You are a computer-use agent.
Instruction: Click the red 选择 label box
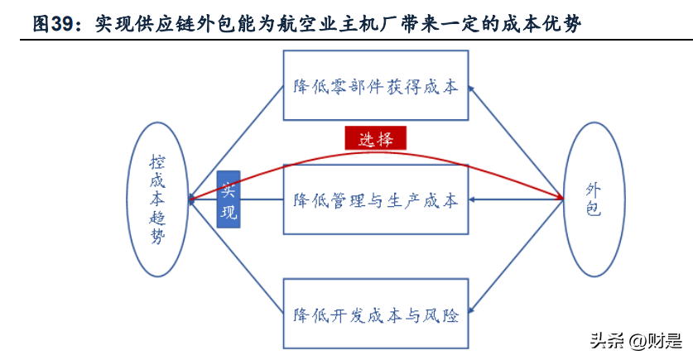[x=375, y=138]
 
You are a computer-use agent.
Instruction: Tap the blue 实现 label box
[x=229, y=199]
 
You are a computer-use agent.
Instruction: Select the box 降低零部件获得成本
[x=376, y=85]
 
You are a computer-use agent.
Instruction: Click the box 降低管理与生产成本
[x=376, y=199]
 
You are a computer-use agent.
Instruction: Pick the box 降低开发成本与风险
[x=376, y=314]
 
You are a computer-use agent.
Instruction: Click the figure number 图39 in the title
[x=53, y=24]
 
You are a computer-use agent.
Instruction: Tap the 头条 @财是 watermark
[x=636, y=341]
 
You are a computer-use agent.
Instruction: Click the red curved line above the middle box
[x=376, y=153]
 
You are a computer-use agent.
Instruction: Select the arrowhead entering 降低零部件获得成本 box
[x=471, y=89]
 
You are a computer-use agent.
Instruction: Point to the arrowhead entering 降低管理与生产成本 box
[x=472, y=199]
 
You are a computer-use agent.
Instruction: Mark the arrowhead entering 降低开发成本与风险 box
[x=471, y=310]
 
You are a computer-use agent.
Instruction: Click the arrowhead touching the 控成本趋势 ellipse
[x=193, y=199]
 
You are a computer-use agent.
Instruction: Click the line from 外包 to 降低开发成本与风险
[x=516, y=256]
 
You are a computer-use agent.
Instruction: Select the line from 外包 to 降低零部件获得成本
[x=516, y=142]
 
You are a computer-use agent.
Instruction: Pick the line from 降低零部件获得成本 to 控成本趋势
[x=236, y=142]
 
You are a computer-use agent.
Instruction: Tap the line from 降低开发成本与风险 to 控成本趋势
[x=236, y=257]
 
